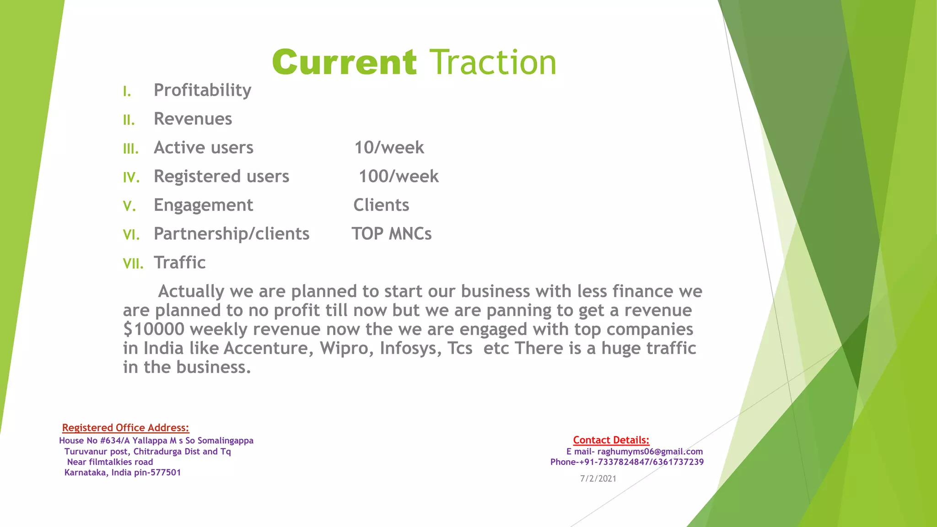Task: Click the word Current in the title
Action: pyautogui.click(x=344, y=63)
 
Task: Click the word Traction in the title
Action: pyautogui.click(x=493, y=63)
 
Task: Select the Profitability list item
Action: pyautogui.click(x=202, y=90)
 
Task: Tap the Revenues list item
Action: pyautogui.click(x=193, y=119)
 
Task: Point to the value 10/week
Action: pyautogui.click(x=389, y=148)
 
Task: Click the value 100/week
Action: pyautogui.click(x=398, y=177)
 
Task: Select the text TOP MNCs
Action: pyautogui.click(x=391, y=234)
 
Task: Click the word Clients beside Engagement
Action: pyautogui.click(x=381, y=205)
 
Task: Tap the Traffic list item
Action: pyautogui.click(x=179, y=263)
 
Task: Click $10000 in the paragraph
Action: pyautogui.click(x=154, y=329)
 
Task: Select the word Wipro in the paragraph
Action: pyautogui.click(x=343, y=349)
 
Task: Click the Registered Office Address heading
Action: pyautogui.click(x=125, y=428)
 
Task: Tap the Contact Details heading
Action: pyautogui.click(x=611, y=440)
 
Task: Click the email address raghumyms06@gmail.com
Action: pyautogui.click(x=650, y=452)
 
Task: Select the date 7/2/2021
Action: pyautogui.click(x=598, y=479)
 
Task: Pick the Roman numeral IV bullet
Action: pyautogui.click(x=131, y=177)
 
